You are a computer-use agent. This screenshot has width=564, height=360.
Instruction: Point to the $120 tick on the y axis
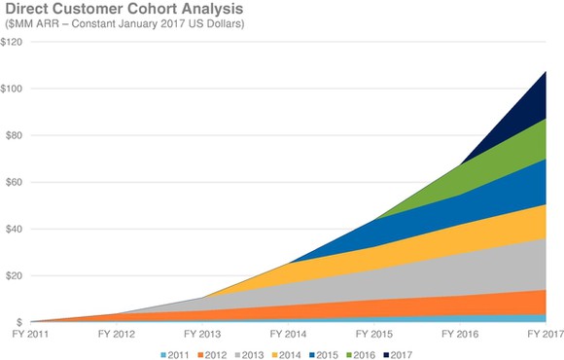click(x=13, y=42)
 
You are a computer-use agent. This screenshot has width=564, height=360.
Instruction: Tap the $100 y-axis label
click(x=13, y=89)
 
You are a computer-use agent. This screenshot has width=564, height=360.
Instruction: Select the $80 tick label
click(x=15, y=135)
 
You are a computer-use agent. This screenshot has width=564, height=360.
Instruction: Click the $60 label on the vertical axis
click(x=15, y=182)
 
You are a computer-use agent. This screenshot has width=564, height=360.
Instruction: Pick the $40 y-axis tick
click(x=15, y=229)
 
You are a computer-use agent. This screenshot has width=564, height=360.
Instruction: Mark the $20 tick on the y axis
click(x=15, y=275)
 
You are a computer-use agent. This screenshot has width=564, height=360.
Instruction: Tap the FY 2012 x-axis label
click(x=116, y=334)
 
